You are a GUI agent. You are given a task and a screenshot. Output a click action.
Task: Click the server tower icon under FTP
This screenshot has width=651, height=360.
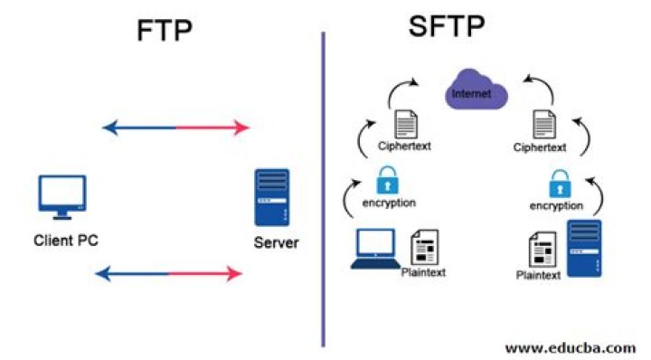(x=271, y=197)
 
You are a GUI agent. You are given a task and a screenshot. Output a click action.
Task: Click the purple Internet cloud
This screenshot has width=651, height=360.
(x=476, y=93)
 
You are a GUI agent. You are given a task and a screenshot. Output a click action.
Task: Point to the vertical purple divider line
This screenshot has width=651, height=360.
(x=323, y=190)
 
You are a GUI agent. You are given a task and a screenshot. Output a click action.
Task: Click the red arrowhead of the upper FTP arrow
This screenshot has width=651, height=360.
(x=241, y=128)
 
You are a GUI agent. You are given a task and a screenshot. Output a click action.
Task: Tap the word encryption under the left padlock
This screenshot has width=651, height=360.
(x=388, y=204)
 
